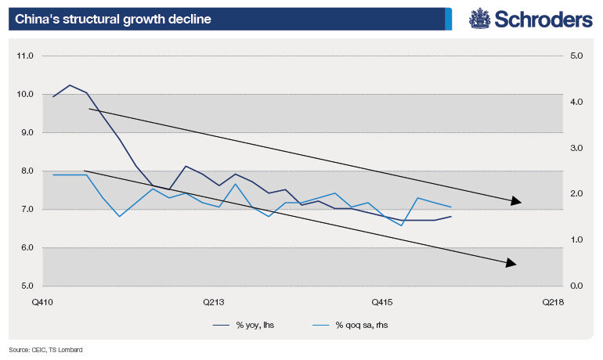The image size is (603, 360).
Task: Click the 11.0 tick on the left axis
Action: coord(27,56)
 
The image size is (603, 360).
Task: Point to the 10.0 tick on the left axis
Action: coord(27,95)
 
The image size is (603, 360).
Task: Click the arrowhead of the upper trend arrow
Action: coord(516,202)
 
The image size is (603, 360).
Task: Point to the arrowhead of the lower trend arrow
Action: coord(511,263)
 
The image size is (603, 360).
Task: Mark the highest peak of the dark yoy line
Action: coord(70,85)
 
